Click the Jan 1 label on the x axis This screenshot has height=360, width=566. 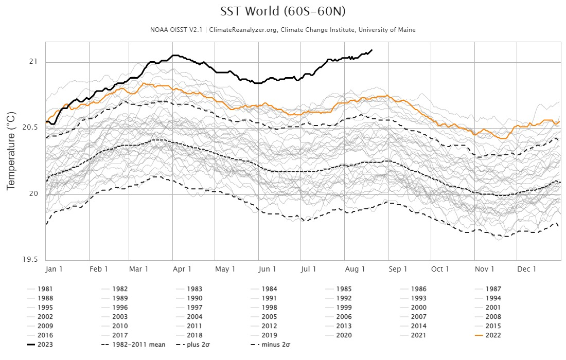pyautogui.click(x=55, y=269)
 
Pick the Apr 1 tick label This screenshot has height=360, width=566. pyautogui.click(x=182, y=269)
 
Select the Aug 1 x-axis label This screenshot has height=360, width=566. pyautogui.click(x=355, y=269)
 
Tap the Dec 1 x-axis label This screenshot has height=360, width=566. pyautogui.click(x=527, y=269)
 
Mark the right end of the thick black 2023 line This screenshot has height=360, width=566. pyautogui.click(x=372, y=50)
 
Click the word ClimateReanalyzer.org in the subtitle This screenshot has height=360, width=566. pyautogui.click(x=244, y=30)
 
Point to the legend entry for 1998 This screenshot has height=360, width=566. pyautogui.click(x=269, y=308)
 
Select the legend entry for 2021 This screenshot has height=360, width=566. pyautogui.click(x=418, y=335)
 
